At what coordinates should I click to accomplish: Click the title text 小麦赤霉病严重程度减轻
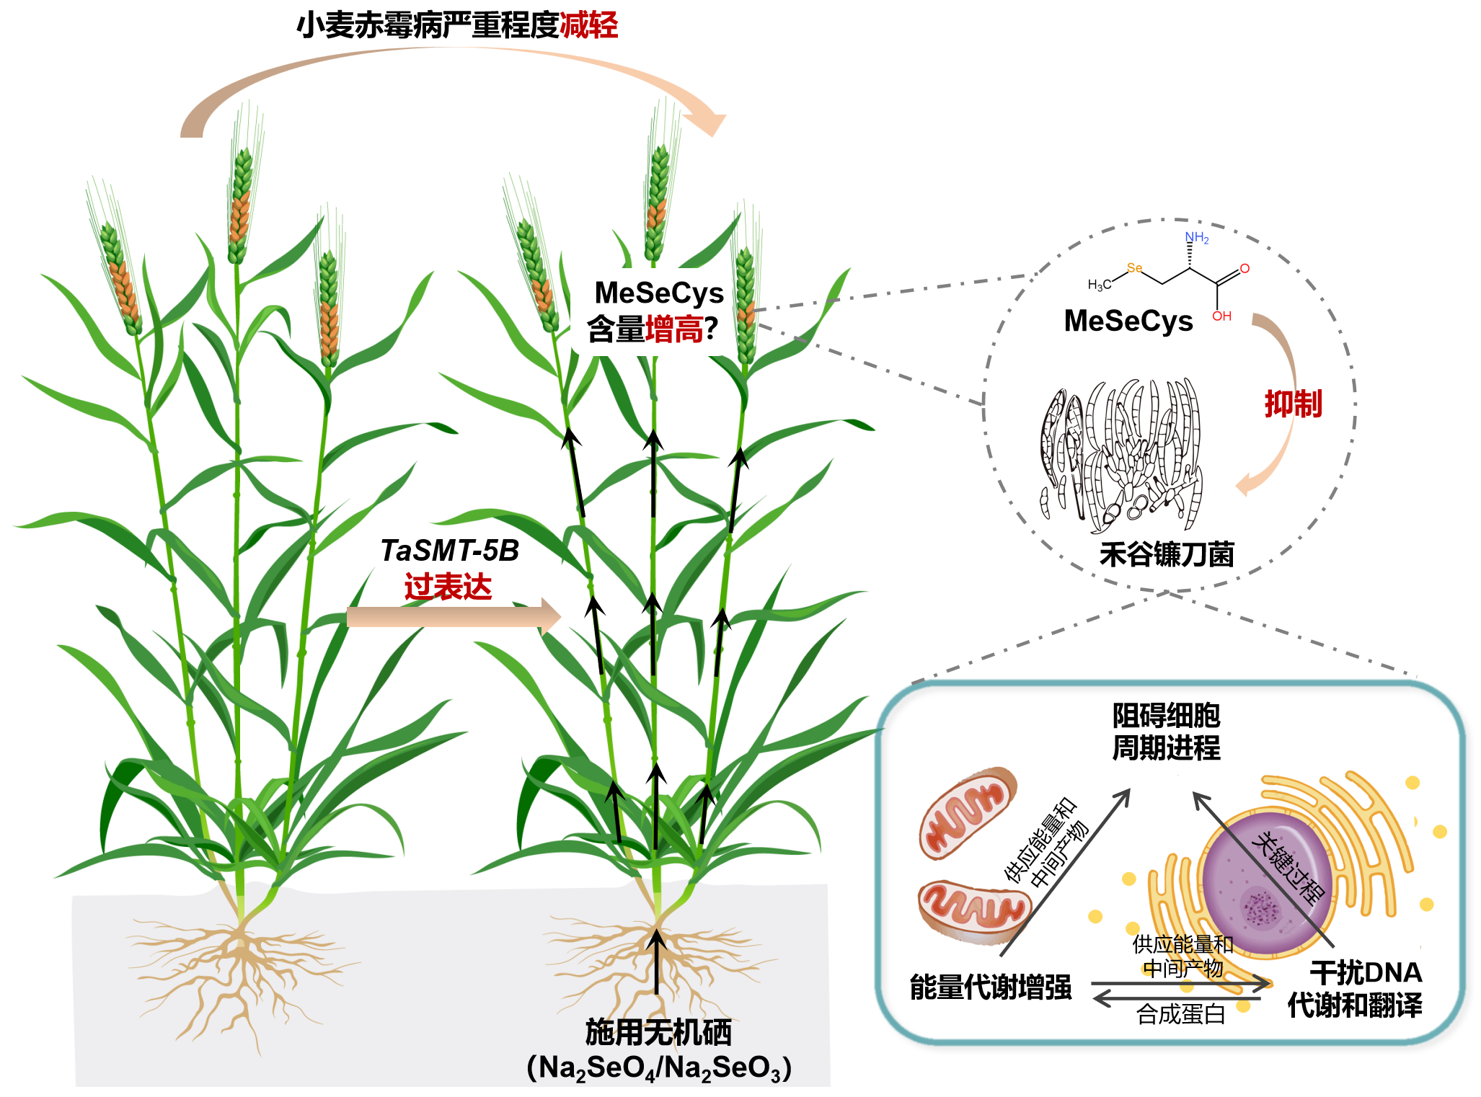[x=457, y=25]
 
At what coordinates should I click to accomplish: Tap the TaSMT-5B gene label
[x=450, y=551]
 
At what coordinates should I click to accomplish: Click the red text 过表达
[x=448, y=587]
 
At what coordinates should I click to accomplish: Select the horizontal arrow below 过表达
[x=453, y=617]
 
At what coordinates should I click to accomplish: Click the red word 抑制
[x=1294, y=404]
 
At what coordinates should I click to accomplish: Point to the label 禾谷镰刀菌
[x=1167, y=554]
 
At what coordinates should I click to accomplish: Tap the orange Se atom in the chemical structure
[x=1134, y=268]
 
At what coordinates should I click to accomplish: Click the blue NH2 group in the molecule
[x=1197, y=237]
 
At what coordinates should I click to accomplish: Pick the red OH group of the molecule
[x=1221, y=316]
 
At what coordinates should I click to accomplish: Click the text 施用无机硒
[x=658, y=1032]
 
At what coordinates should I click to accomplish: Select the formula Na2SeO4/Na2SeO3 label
[x=659, y=1067]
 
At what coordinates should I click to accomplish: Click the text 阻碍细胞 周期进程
[x=1166, y=732]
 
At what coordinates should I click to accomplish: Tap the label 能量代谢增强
[x=991, y=987]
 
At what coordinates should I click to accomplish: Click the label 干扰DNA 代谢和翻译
[x=1356, y=988]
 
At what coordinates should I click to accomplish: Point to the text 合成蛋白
[x=1181, y=1014]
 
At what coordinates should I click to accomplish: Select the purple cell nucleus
[x=1268, y=885]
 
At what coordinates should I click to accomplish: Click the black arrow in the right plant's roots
[x=656, y=962]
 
